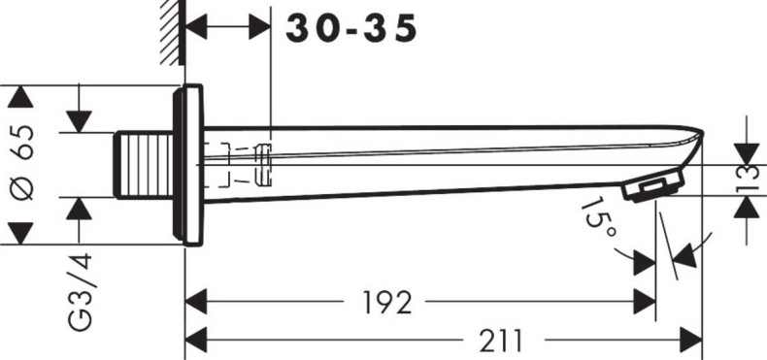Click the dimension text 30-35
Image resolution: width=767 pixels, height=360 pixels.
(x=351, y=28)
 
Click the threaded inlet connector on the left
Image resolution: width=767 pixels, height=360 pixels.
(x=144, y=165)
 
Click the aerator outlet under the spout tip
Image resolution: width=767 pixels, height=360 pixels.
(x=650, y=186)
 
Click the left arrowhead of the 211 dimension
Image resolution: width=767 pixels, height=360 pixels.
(x=196, y=340)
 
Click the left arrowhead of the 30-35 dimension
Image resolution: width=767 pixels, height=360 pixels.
(x=196, y=28)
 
